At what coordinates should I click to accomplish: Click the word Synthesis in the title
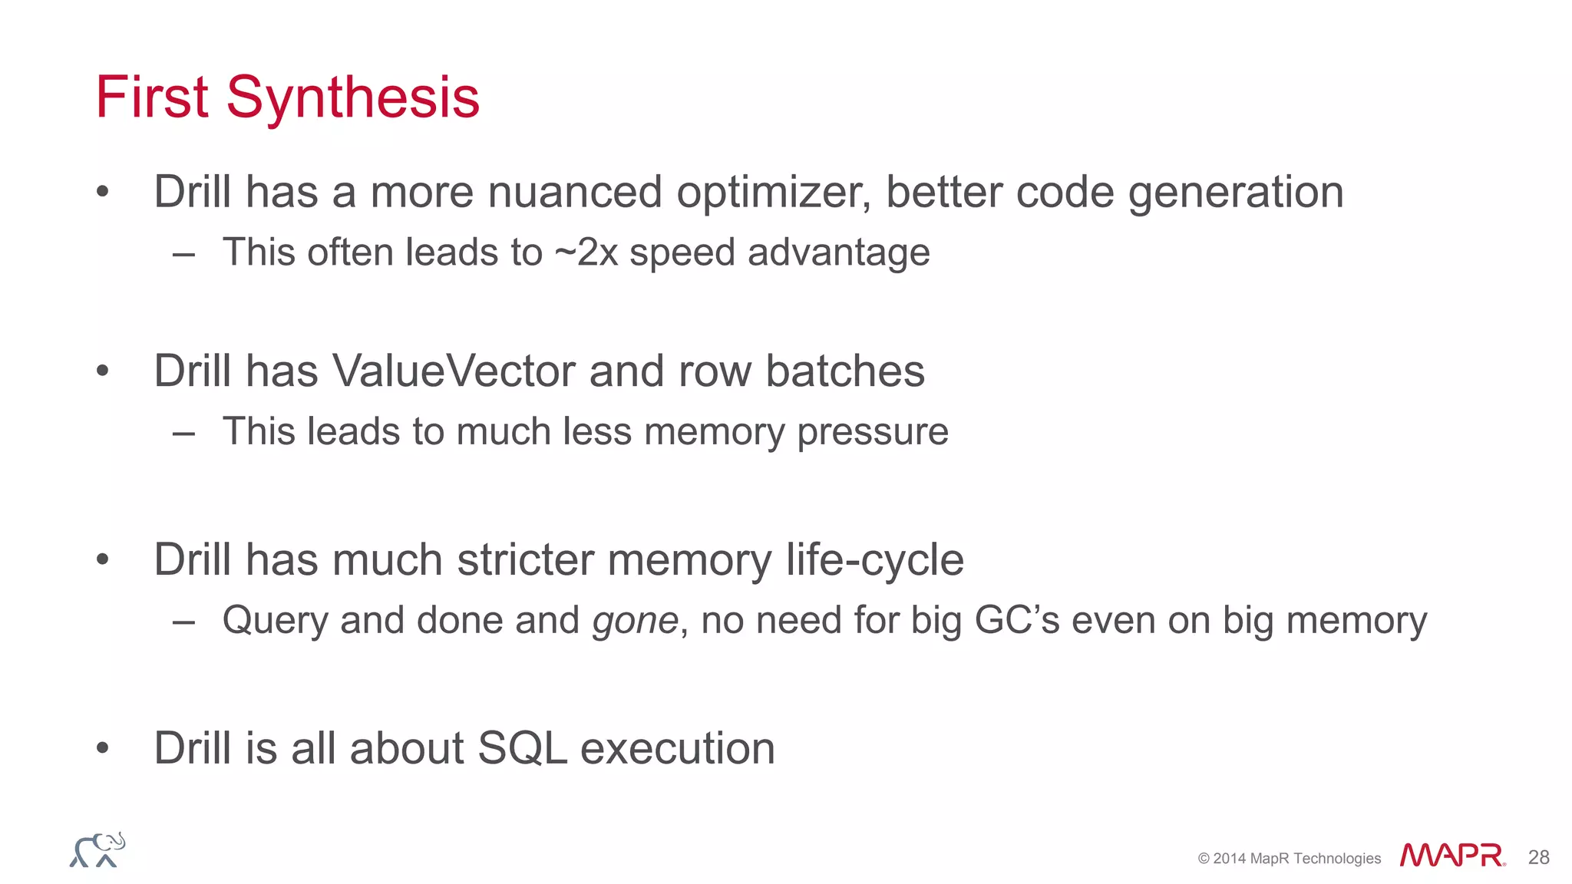click(352, 98)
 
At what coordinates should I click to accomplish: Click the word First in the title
click(151, 97)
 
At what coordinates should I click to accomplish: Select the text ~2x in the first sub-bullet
click(586, 252)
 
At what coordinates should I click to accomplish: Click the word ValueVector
click(453, 371)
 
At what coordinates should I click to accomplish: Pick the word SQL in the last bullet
click(522, 748)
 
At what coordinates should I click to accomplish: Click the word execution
click(677, 748)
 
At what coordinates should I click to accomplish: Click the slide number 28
click(1538, 857)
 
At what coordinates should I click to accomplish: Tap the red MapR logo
click(1451, 855)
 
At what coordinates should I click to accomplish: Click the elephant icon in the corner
click(97, 850)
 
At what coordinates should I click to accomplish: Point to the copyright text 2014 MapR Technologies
click(1290, 859)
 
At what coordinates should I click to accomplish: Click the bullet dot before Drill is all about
click(103, 747)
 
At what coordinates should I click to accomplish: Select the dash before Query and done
click(183, 621)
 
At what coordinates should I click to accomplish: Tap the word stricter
click(525, 559)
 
